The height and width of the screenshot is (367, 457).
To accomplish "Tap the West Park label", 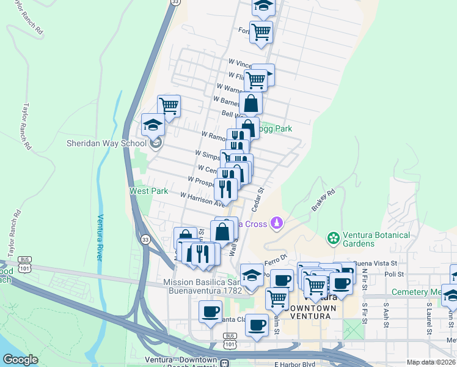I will tap(148, 191).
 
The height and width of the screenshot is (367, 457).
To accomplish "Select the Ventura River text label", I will tap(100, 237).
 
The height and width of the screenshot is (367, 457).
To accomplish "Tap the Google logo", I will tap(20, 360).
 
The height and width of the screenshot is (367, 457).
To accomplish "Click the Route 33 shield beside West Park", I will tap(145, 239).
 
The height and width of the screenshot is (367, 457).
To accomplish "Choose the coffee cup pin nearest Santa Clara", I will tap(211, 312).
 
